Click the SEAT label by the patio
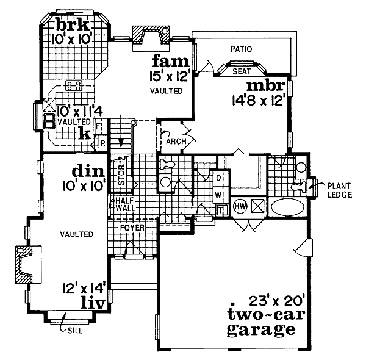tap(242, 71)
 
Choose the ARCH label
tap(176, 141)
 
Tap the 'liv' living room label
tap(96, 301)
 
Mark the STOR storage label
tap(121, 173)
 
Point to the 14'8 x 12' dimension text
tap(259, 100)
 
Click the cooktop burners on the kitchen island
tap(74, 85)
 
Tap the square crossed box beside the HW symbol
tap(257, 206)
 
